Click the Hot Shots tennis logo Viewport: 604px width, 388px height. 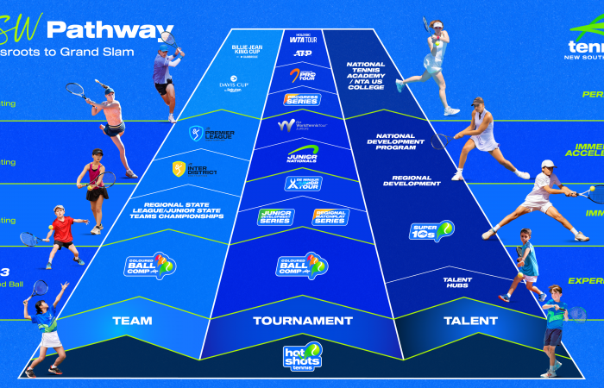(302, 357)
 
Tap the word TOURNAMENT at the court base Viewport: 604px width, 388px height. (302, 321)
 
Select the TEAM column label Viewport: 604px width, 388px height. (131, 321)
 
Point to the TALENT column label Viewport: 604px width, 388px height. (470, 321)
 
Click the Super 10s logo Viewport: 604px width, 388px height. (431, 231)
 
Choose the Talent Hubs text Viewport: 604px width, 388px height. (457, 282)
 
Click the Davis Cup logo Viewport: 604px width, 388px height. (232, 86)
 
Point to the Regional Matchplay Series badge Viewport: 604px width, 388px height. (330, 216)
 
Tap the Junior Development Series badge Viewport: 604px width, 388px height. (275, 216)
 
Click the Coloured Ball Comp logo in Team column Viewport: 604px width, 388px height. (149, 265)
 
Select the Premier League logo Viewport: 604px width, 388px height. (207, 135)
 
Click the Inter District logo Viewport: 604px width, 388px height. (194, 169)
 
